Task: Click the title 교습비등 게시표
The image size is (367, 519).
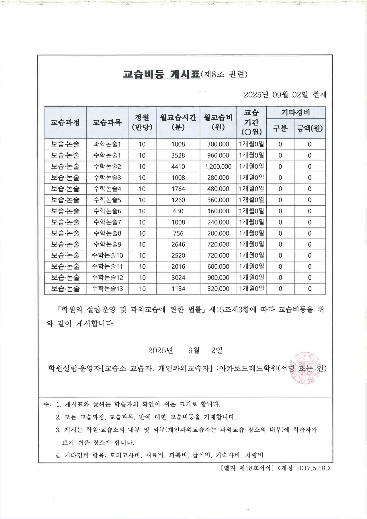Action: click(x=161, y=74)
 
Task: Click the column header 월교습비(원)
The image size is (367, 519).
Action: click(x=218, y=122)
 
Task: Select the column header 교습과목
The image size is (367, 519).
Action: click(x=107, y=122)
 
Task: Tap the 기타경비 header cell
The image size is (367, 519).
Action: click(x=296, y=112)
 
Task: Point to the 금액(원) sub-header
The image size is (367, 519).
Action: click(x=310, y=128)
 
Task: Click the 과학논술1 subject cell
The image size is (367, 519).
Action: click(x=107, y=144)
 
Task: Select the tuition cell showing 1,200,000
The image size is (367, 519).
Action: click(x=218, y=167)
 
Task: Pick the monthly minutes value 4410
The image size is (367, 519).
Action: click(x=178, y=167)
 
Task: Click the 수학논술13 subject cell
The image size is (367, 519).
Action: click(x=107, y=289)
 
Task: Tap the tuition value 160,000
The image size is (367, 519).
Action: click(x=218, y=211)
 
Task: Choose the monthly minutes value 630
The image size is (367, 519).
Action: click(x=178, y=211)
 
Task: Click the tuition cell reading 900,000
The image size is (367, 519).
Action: click(x=218, y=278)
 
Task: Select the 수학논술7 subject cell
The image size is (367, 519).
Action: click(x=107, y=222)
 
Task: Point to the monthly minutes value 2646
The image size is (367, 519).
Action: click(x=178, y=244)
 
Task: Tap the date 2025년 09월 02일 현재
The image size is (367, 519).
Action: click(x=285, y=95)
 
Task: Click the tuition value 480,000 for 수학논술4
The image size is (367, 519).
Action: click(x=218, y=189)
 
